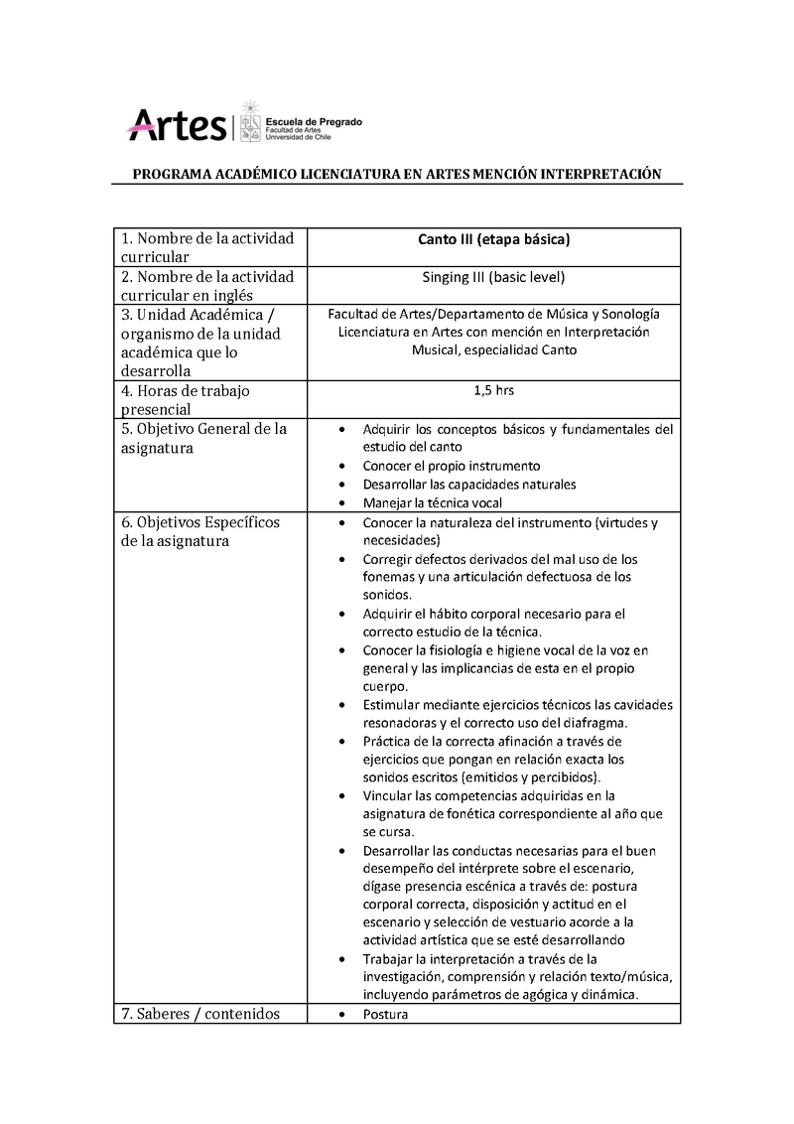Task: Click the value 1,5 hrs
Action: coord(493,390)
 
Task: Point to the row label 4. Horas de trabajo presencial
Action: coord(185,399)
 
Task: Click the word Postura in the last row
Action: coord(385,1015)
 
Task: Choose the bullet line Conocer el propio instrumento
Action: coord(452,466)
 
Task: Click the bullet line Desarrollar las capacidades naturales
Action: coord(469,485)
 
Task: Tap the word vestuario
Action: coord(549,922)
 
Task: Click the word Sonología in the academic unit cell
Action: coord(629,314)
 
